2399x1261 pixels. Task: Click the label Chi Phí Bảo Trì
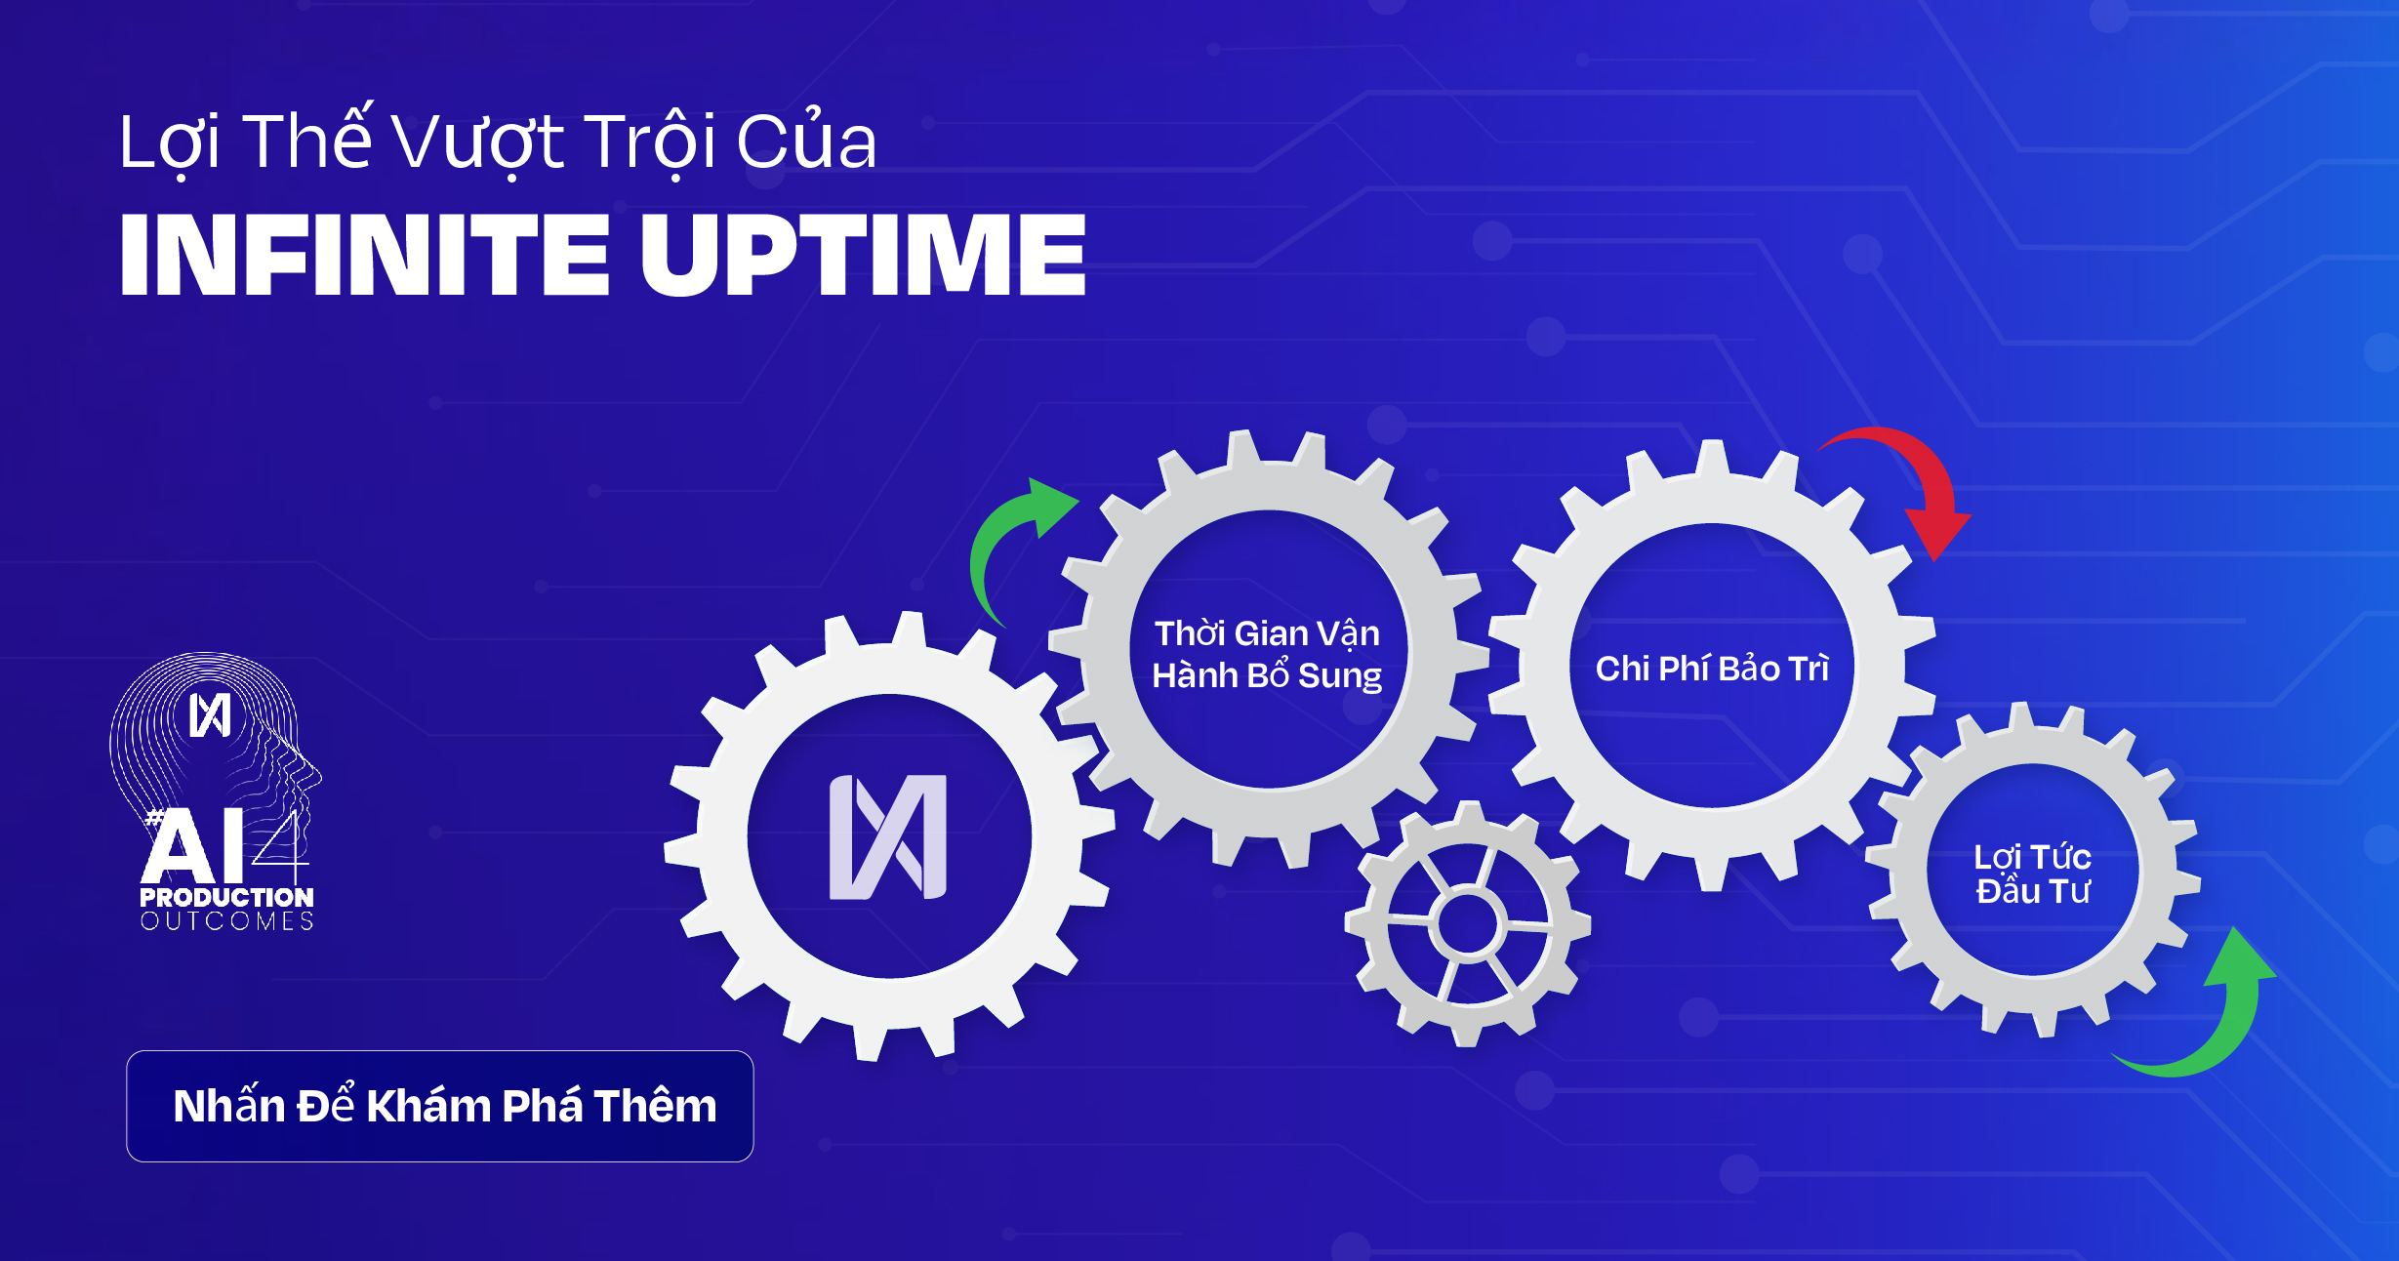click(x=1712, y=669)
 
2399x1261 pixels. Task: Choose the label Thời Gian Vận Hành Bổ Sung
click(x=1267, y=654)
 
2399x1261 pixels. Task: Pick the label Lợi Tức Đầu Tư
click(x=2033, y=874)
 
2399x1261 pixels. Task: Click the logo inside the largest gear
click(x=888, y=836)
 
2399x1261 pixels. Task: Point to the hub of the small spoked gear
click(x=1467, y=923)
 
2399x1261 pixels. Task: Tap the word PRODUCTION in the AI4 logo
click(x=226, y=897)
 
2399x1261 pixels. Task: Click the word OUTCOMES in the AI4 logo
click(x=226, y=921)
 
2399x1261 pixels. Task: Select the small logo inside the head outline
click(x=210, y=715)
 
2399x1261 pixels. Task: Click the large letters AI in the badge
click(x=193, y=845)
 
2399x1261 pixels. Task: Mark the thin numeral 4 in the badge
click(x=280, y=846)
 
